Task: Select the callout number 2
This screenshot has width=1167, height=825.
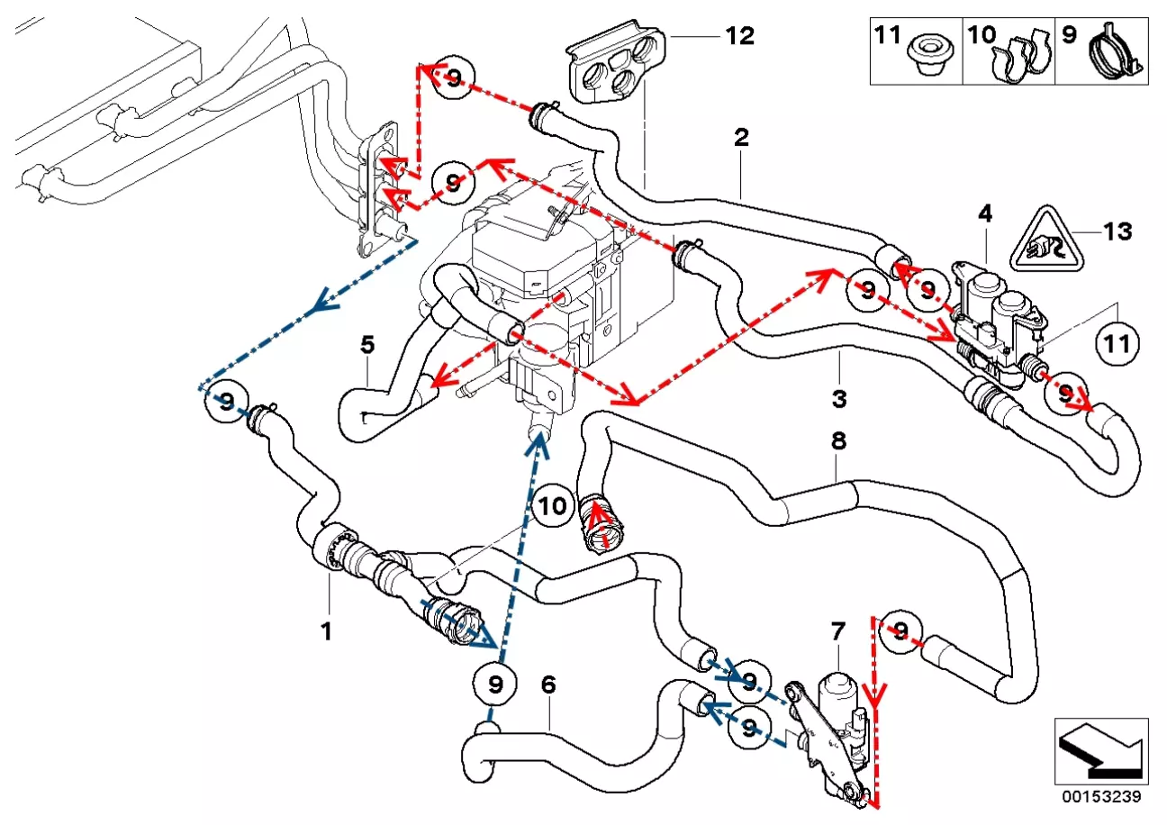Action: tap(741, 138)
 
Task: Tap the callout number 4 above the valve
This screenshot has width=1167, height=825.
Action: tap(985, 214)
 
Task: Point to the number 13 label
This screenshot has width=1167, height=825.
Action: tap(1117, 231)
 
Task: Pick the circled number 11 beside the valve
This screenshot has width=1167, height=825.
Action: tap(1117, 343)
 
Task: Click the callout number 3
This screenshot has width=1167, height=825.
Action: tap(838, 397)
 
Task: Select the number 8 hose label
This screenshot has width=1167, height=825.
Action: tap(838, 441)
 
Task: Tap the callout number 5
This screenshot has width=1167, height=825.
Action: tap(366, 344)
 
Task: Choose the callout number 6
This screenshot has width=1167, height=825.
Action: tap(547, 685)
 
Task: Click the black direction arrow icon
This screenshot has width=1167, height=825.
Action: tap(1101, 749)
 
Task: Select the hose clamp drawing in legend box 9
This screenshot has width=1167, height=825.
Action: tap(1114, 52)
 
